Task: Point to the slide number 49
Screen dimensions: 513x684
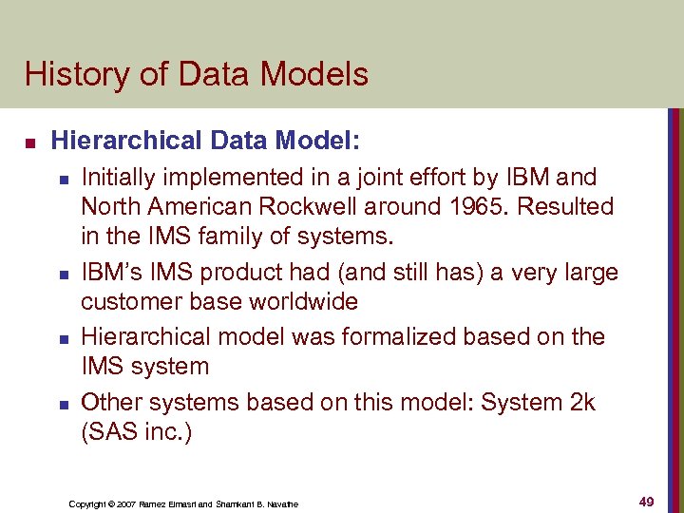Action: click(x=646, y=502)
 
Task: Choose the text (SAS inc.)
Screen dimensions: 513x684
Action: click(x=137, y=434)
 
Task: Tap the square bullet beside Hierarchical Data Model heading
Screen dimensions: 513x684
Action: click(x=29, y=142)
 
